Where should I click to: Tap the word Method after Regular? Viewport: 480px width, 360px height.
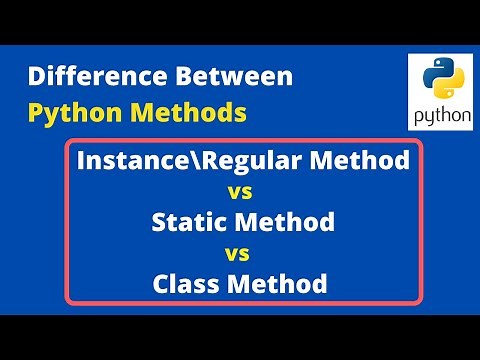[x=354, y=159]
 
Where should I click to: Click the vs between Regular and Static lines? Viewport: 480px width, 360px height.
[x=240, y=190]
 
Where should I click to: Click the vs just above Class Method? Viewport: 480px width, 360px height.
[x=240, y=252]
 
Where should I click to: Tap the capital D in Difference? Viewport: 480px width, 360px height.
[x=36, y=76]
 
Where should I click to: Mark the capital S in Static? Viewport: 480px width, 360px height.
[x=159, y=221]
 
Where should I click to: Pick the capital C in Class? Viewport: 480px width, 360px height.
[x=161, y=284]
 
